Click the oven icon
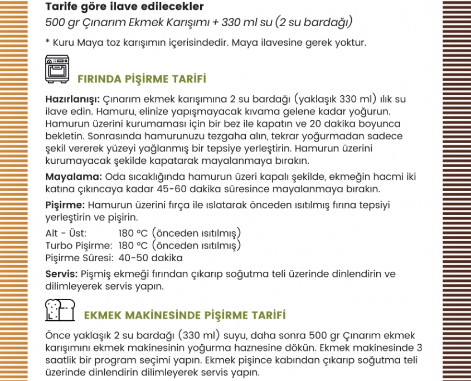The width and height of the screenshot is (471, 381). click(57, 70)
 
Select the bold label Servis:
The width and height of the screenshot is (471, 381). click(61, 274)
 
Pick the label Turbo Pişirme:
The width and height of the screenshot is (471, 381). click(79, 246)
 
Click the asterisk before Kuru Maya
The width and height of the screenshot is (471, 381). click(48, 42)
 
